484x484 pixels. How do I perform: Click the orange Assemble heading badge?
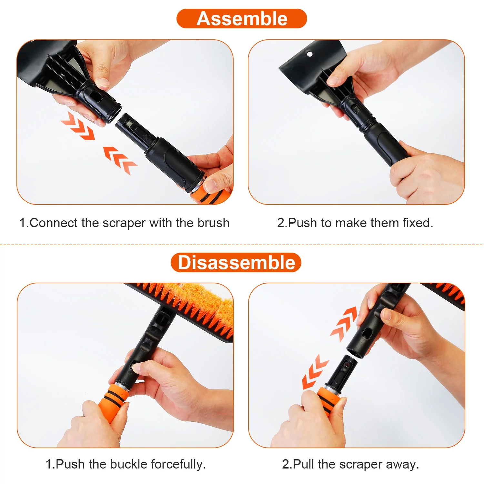(242, 19)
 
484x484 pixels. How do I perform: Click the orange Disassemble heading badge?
(236, 263)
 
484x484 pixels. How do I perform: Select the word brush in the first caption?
(213, 223)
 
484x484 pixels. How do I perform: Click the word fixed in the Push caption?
(418, 223)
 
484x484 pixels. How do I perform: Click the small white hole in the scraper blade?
(310, 54)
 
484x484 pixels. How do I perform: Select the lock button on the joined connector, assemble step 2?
(356, 109)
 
